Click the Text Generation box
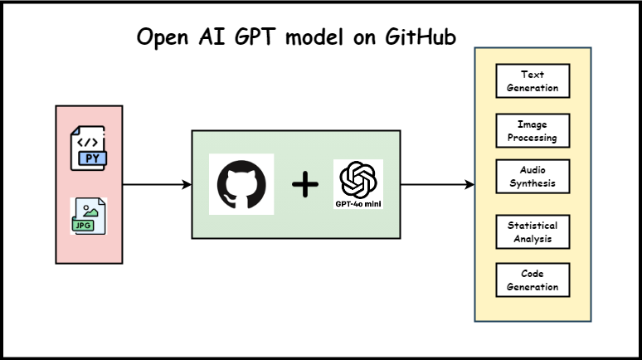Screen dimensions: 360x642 532,80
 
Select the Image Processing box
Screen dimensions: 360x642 532,131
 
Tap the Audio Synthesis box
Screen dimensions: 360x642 532,176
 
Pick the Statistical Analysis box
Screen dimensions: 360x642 532,231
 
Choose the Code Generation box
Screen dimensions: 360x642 532,280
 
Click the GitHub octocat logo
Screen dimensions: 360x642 241,184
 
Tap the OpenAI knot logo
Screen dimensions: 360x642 358,179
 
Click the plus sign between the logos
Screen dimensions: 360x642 304,185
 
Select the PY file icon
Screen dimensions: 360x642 88,148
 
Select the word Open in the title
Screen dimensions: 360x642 159,38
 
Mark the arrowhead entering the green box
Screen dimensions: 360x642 187,184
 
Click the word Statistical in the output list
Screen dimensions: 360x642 532,225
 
